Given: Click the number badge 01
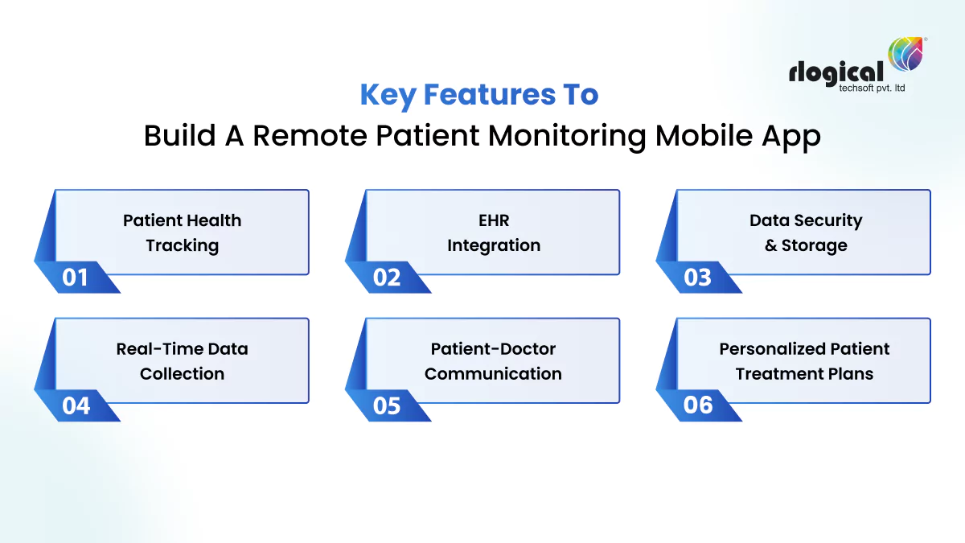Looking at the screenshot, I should coord(75,278).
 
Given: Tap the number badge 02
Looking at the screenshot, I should coord(387,278).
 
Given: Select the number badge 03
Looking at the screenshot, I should coord(698,278).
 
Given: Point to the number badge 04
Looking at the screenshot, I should coord(76,405).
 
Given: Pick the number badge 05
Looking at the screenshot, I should coord(387,405).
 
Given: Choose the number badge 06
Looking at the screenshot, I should coord(698,405).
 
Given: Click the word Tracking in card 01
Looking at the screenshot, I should coord(182,245).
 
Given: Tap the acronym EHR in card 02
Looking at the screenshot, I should coord(494,220).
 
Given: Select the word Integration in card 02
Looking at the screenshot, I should coord(494,245).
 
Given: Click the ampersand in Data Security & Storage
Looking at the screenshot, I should coord(770,246).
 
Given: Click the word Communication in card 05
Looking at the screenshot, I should coord(493,374).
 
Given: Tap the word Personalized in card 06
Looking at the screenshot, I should coord(765,349).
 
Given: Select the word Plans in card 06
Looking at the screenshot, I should coord(852,374).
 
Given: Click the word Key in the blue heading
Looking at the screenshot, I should coord(388,95).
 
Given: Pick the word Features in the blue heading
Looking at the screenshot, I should coord(486,95).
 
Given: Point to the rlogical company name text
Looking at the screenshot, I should coord(836,73).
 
